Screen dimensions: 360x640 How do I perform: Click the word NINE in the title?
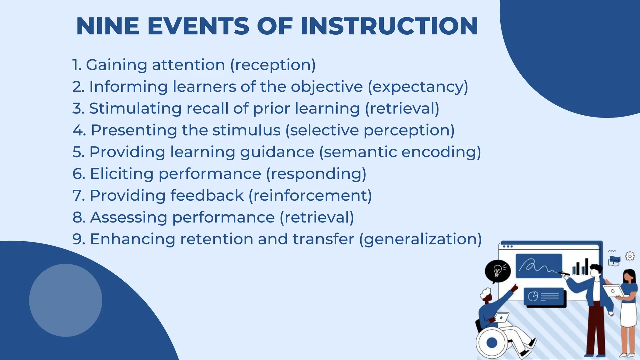pos(107,26)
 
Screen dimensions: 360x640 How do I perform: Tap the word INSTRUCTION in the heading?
pos(389,26)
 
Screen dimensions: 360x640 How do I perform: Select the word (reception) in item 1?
pos(273,65)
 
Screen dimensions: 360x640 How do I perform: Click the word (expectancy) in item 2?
pos(418,87)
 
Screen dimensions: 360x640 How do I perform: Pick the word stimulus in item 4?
pos(246,130)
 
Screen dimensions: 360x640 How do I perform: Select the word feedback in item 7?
pos(207,196)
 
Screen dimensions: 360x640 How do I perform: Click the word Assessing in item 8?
pos(128,217)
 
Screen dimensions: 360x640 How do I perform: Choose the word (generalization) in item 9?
pos(420,239)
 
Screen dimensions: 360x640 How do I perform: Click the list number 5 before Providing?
pos(78,152)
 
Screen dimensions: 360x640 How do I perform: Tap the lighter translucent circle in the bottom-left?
pos(66,300)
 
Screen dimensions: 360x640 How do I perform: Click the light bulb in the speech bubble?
pos(497,270)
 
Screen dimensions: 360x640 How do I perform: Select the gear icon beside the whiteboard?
pos(630,257)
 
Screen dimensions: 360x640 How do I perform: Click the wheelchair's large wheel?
pos(492,342)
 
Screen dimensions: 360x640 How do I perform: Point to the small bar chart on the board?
pos(580,267)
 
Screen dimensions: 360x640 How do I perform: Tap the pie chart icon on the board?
pos(533,296)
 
